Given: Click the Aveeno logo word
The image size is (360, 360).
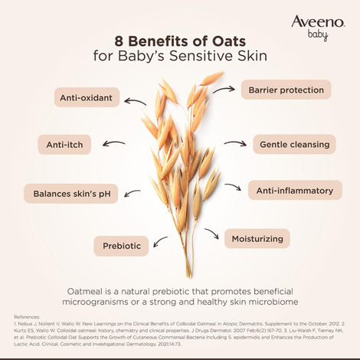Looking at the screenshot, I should point(319,21).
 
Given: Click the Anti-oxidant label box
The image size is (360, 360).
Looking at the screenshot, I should point(87,98).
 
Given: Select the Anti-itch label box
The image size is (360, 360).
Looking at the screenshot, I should point(47,144).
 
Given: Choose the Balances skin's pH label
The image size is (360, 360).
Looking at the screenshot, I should point(71,194).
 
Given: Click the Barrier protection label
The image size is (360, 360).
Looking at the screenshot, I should point(285,90).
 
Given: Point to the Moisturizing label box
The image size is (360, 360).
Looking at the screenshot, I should point(257,239).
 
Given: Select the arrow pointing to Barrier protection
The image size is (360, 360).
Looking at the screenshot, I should point(224,89).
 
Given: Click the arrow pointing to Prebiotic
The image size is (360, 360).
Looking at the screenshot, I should point(162,241).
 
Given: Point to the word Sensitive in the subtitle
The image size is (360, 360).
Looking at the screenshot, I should point(202,57).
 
